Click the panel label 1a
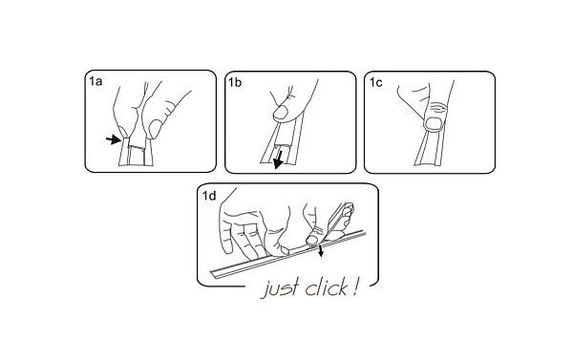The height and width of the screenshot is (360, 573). [95, 81]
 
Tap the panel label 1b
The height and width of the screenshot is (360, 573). [235, 82]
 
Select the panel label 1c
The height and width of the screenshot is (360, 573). [375, 82]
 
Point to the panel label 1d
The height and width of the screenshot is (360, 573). [209, 196]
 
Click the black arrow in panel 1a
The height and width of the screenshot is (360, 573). [114, 139]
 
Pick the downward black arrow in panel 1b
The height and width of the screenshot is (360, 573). [279, 160]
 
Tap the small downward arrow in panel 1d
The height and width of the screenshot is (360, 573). [321, 251]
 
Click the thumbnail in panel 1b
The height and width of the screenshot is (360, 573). [281, 113]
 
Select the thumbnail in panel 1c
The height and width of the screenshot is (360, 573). [435, 123]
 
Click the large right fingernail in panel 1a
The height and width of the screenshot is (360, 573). [155, 129]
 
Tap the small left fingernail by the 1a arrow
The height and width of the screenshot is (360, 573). [123, 132]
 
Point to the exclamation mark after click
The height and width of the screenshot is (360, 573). [354, 286]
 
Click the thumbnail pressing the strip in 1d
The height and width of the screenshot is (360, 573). [311, 240]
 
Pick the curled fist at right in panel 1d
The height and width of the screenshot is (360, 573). [342, 220]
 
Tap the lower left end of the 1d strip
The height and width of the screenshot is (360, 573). [211, 273]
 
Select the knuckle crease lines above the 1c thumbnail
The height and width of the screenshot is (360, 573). [437, 109]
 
